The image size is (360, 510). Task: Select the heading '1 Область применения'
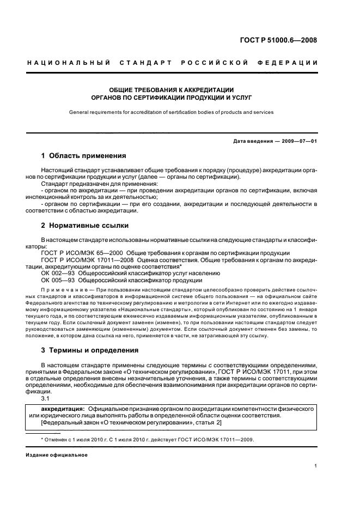tap(83, 155)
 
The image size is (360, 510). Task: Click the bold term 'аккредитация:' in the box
tap(63, 408)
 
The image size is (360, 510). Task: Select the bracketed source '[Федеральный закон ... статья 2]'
tap(132, 423)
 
